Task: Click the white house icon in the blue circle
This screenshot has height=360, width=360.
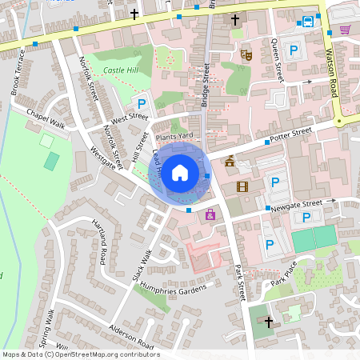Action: pos(180,172)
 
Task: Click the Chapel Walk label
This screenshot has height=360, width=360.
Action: pos(44,117)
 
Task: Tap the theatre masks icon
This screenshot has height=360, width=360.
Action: pos(246,55)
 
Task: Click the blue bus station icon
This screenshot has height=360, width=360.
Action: pos(308,22)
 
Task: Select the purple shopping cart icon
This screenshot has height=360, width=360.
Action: pos(345,30)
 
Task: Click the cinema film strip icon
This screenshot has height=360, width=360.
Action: pos(242,186)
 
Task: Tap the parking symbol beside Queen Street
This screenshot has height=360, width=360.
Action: pos(294,50)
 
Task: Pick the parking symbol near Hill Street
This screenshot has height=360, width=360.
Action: pos(142,103)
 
